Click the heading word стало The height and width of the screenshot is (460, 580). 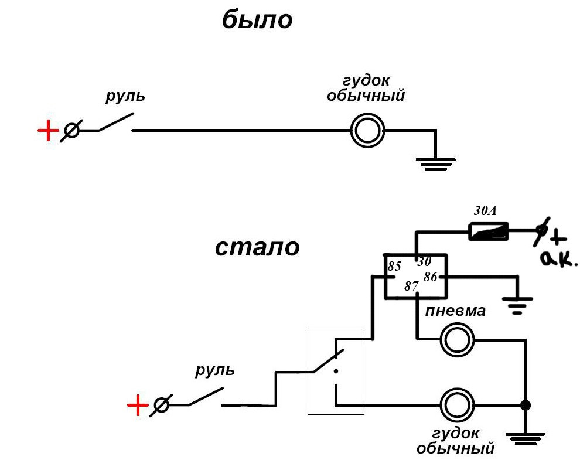click(x=257, y=247)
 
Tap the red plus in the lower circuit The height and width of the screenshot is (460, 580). click(x=138, y=405)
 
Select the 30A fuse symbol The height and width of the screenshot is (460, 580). click(x=488, y=233)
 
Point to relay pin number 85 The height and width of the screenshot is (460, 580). click(x=394, y=267)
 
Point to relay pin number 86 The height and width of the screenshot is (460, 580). click(x=430, y=277)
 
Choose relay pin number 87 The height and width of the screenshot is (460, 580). click(x=411, y=287)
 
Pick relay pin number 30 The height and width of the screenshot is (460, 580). click(x=424, y=262)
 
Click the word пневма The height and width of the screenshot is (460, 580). click(x=455, y=311)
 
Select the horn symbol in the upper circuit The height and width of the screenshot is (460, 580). click(x=367, y=131)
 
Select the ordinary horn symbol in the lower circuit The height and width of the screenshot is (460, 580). click(x=457, y=405)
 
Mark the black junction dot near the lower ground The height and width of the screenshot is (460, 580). click(x=526, y=405)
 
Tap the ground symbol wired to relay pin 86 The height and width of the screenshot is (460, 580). click(x=517, y=304)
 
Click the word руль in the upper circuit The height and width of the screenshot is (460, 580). click(x=125, y=96)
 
